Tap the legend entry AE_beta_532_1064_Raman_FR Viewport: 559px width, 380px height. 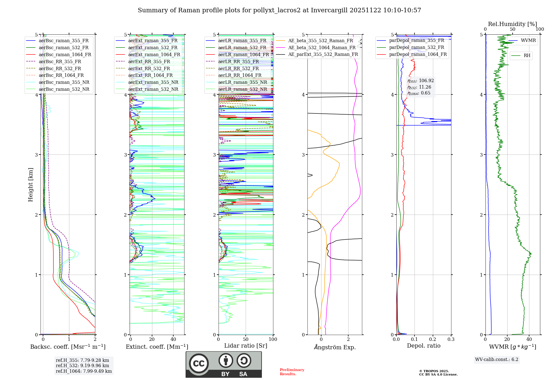(322, 48)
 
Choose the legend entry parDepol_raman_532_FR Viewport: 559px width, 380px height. (416, 47)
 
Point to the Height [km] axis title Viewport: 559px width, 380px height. (30, 185)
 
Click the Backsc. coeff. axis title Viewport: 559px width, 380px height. (68, 347)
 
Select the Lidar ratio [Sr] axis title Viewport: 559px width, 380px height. (245, 346)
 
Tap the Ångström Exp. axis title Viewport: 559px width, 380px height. (335, 347)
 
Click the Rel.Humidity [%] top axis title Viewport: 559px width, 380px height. (512, 24)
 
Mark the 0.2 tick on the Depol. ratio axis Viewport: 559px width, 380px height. (433, 339)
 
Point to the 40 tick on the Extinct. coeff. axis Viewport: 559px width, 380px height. (173, 339)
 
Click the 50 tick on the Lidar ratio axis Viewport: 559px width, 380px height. (246, 339)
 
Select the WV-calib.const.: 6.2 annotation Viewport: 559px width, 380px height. (497, 360)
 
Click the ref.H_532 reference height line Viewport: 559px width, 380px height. (82, 366)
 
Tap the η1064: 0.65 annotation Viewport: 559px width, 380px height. (419, 93)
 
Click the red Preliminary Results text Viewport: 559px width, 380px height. (292, 372)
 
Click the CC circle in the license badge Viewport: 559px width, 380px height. (199, 364)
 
